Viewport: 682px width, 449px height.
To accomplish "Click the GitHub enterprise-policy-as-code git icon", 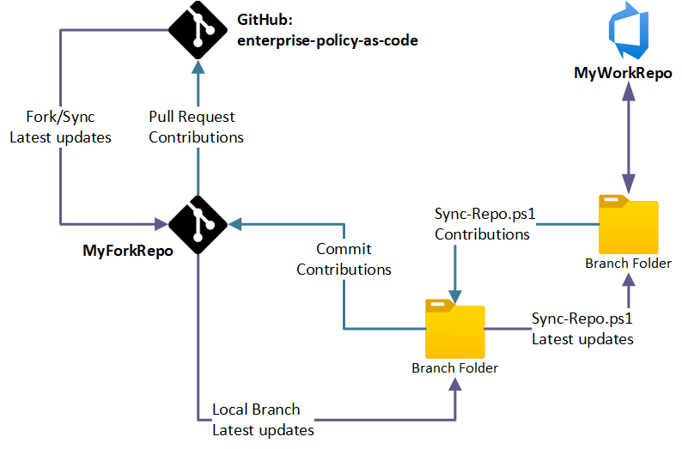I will point(198,29).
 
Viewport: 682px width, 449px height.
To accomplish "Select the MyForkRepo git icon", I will point(198,225).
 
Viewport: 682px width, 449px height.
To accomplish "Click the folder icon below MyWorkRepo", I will point(628,225).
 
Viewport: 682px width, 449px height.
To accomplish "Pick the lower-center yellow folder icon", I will point(454,328).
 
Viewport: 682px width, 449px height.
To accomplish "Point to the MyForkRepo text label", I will point(128,251).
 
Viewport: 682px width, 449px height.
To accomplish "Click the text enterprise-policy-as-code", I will point(327,39).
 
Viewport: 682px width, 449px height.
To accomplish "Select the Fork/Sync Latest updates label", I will point(60,126).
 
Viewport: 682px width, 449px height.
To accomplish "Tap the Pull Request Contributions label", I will point(196,126).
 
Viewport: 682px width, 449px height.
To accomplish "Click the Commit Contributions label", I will point(344,258).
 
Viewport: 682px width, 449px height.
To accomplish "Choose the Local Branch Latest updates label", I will point(262,419).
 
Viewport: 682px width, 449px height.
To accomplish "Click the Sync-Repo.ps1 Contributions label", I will point(482,222).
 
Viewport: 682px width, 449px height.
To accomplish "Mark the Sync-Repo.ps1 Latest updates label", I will point(582,329).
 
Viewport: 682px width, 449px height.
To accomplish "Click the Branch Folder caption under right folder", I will point(628,263).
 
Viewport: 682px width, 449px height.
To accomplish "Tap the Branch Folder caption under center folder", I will point(454,367).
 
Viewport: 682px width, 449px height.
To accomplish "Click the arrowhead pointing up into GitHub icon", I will point(198,67).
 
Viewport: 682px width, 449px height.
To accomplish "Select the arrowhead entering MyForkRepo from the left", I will point(160,225).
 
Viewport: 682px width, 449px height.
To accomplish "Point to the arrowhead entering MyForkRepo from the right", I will point(235,225).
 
